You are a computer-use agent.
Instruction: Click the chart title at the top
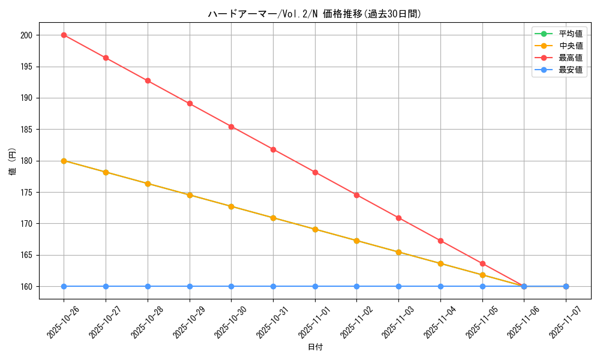pos(315,14)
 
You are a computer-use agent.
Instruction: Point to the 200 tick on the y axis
pos(27,35)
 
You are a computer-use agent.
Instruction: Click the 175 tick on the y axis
pos(27,193)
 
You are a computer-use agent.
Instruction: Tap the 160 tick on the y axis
pos(27,287)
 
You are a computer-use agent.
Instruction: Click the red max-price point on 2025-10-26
pos(64,35)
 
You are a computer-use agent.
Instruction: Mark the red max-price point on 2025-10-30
pos(231,127)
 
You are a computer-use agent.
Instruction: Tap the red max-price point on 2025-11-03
pos(398,218)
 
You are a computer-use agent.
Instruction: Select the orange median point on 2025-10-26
pos(64,161)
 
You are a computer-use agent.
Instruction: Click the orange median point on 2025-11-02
pos(356,241)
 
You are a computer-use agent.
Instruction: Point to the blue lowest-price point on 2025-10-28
pos(148,286)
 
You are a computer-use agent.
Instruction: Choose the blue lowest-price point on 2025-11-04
pos(440,286)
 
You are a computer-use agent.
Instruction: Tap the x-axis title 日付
pos(315,347)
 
